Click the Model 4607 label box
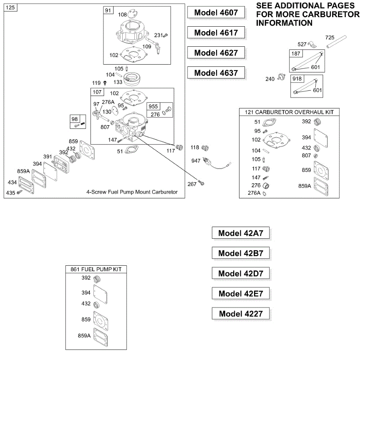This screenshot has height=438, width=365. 216,12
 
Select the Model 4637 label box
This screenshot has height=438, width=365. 216,73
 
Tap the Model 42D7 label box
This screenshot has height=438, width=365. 241,273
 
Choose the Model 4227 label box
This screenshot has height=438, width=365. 241,314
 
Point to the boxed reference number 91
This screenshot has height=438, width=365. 108,11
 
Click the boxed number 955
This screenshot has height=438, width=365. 153,106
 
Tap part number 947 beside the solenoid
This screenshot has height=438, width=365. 196,161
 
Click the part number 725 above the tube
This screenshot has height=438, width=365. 330,38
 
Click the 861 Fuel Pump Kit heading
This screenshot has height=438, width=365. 96,269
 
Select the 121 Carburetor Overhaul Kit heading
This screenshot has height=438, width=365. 289,112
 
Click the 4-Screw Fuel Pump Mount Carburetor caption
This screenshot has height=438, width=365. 132,192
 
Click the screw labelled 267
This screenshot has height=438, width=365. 201,183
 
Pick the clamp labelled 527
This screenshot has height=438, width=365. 312,45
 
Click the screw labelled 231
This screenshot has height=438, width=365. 165,35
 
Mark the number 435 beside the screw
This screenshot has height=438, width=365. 11,193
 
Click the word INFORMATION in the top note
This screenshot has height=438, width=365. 284,23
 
